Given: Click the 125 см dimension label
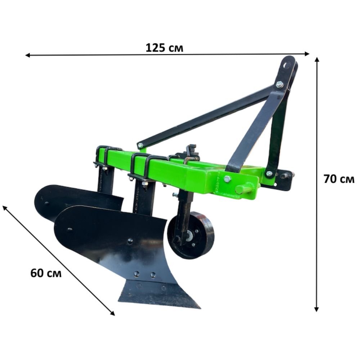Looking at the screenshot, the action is tap(165, 48).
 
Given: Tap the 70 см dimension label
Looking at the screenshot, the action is tap(339, 179).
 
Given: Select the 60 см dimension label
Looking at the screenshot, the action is tap(46, 273).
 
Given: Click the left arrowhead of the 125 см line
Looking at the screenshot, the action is tap(27, 55).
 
